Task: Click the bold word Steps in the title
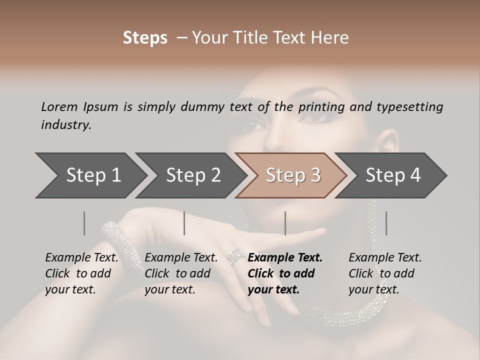[x=145, y=38]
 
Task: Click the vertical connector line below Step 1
[x=84, y=223]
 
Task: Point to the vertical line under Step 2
[x=184, y=223]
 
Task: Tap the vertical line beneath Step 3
[x=285, y=223]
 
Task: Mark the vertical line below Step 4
[x=386, y=223]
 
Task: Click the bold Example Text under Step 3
[x=285, y=273]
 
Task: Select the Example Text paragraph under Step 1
[x=81, y=273]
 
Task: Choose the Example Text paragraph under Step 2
[x=181, y=273]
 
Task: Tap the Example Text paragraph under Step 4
[x=385, y=273]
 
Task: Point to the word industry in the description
[x=65, y=124]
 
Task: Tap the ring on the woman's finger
[x=233, y=256]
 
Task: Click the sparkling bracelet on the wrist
[x=116, y=240]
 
